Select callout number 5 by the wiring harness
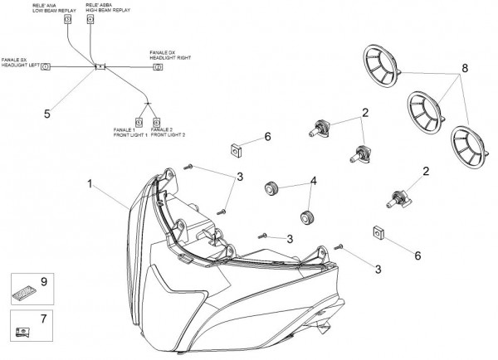coord(46,114)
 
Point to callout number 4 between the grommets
coord(313,181)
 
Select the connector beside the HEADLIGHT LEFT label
coord(46,66)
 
